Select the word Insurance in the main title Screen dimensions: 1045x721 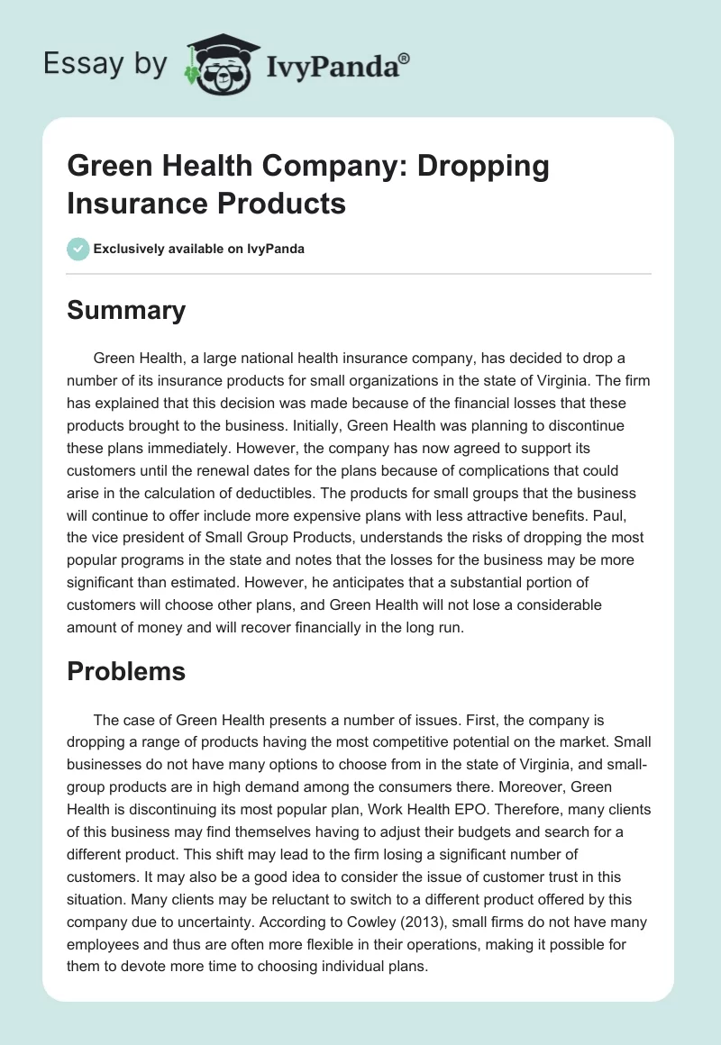coord(132,203)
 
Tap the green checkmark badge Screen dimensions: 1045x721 coord(78,249)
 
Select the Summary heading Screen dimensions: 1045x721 coord(126,310)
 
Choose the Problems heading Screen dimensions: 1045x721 coord(126,671)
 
